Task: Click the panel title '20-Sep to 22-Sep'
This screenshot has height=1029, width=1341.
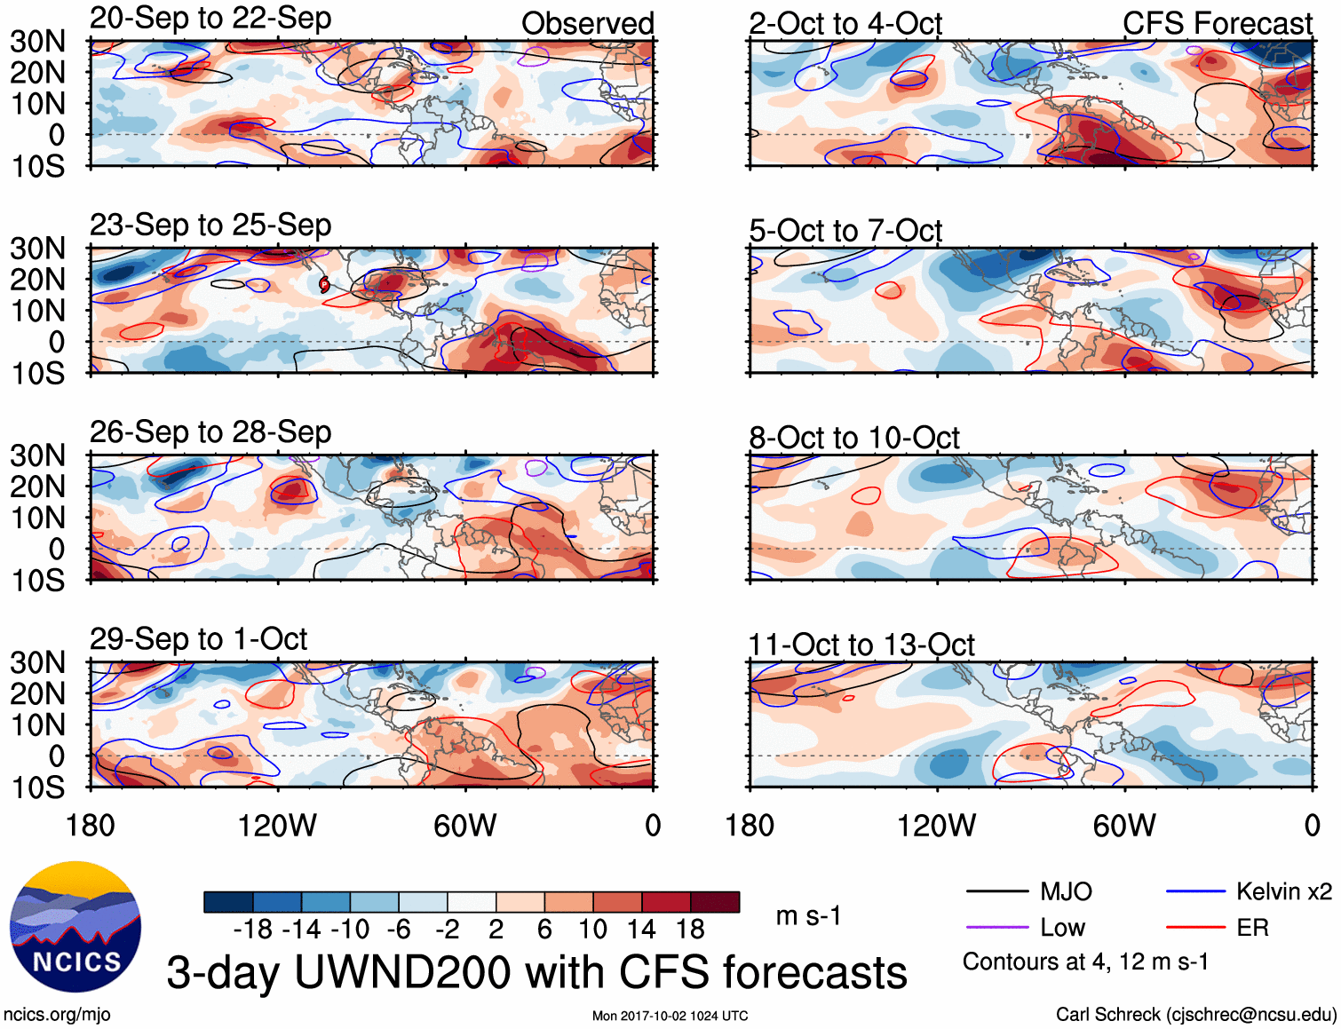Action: [x=210, y=19]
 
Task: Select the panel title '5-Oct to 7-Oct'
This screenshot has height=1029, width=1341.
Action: [x=845, y=231]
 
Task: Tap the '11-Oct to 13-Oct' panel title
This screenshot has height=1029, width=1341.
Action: [x=861, y=645]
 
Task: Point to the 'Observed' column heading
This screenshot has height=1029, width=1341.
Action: [x=587, y=23]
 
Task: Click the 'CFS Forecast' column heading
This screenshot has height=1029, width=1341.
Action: [x=1217, y=23]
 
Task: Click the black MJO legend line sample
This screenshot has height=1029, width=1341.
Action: [x=997, y=891]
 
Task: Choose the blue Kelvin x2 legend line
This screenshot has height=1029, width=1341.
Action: [x=1195, y=891]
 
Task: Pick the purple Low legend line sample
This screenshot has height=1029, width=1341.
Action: [x=997, y=928]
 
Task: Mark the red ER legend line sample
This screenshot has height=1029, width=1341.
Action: [x=1195, y=928]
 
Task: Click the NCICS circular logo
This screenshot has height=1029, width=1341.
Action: [x=75, y=927]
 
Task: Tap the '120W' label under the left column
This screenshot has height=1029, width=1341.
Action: [x=277, y=826]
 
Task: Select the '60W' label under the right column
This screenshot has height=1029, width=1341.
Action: [x=1124, y=826]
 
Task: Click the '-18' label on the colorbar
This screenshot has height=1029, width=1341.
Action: [x=253, y=930]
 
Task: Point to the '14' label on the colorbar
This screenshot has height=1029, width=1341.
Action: [x=641, y=930]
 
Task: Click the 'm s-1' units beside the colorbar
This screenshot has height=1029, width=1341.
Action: [x=808, y=915]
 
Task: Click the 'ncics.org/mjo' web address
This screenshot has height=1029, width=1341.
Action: [x=57, y=1014]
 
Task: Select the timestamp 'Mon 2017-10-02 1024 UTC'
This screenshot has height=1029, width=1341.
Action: [x=670, y=1016]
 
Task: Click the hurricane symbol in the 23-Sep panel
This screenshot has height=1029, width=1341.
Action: [x=324, y=284]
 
